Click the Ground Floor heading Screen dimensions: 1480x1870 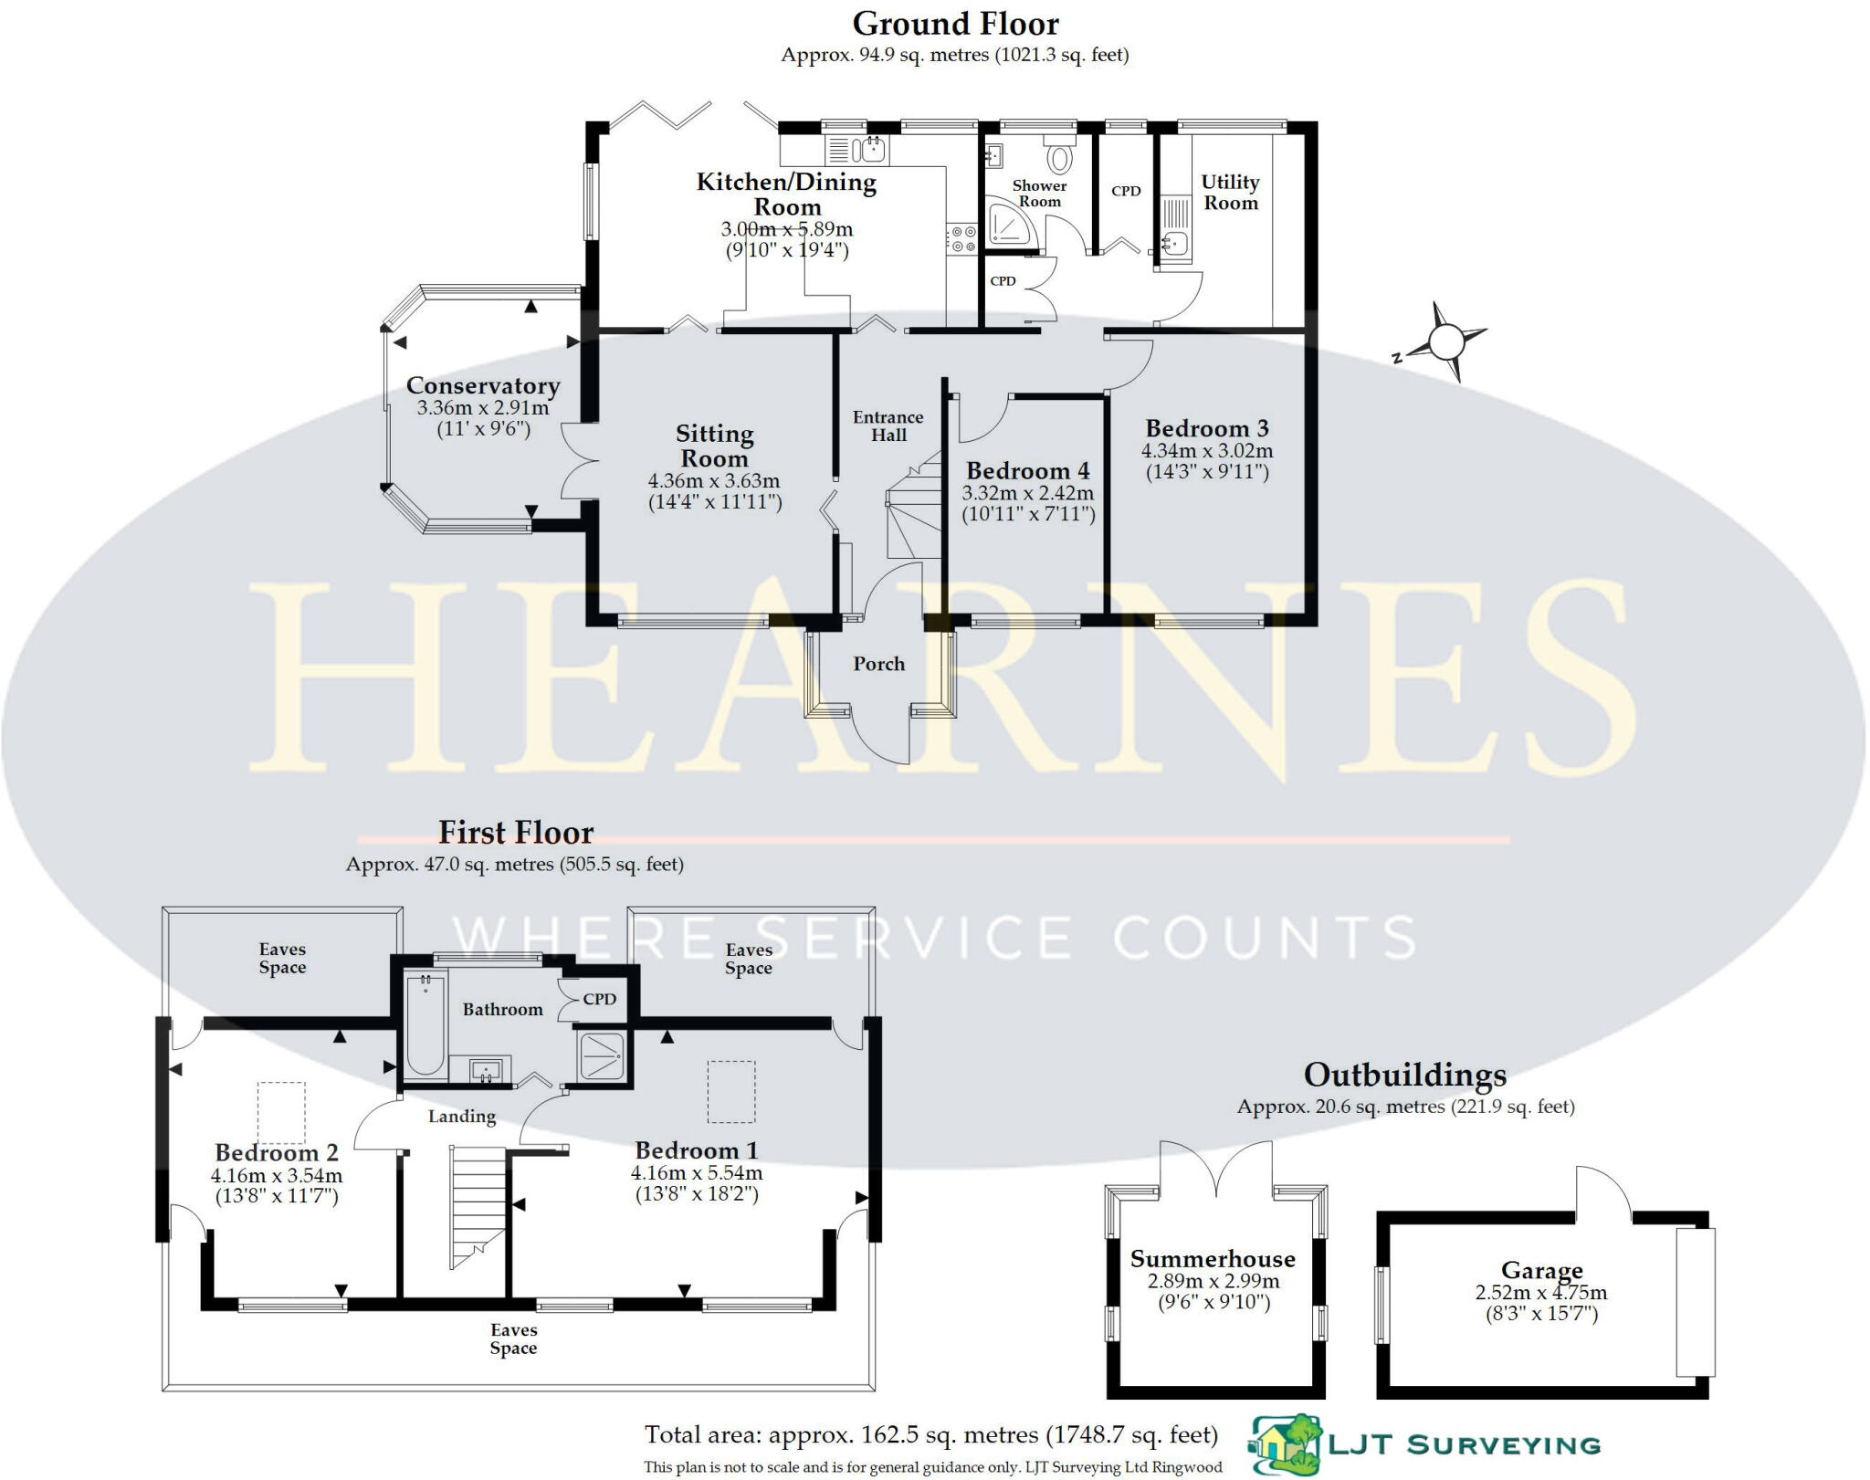click(955, 24)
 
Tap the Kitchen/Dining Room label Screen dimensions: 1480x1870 click(786, 194)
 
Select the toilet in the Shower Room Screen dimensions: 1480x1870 click(1058, 159)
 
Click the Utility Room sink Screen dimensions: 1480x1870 click(1175, 243)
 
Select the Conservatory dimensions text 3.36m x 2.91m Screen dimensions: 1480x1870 click(482, 408)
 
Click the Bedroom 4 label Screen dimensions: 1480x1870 click(1027, 471)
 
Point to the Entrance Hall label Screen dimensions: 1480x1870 click(888, 425)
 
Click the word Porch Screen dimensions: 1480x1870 click(878, 664)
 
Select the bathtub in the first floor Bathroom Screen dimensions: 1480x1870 click(425, 1024)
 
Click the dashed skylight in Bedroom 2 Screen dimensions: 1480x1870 click(280, 1111)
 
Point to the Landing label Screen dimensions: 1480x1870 click(462, 1116)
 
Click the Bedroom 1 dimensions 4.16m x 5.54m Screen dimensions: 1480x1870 click(696, 1173)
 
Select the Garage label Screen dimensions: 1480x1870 click(1541, 1270)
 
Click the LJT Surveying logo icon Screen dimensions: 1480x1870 click(1284, 1445)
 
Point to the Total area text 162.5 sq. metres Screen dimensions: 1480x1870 click(931, 1435)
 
